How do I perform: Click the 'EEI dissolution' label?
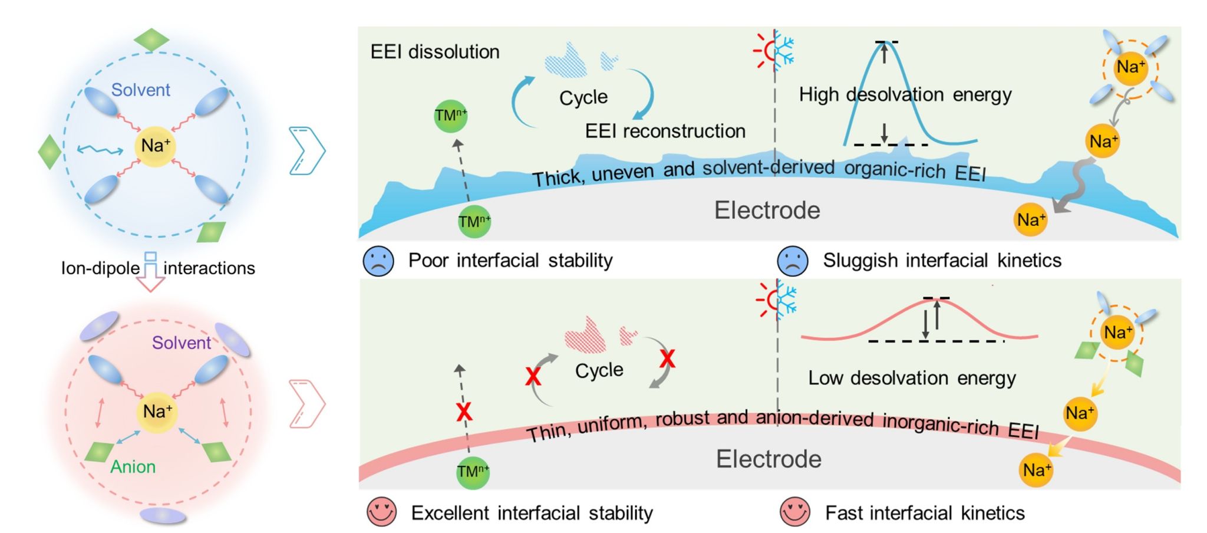434,52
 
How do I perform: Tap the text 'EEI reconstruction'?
665,131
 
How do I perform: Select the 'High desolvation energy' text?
905,94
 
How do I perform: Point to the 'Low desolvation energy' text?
912,378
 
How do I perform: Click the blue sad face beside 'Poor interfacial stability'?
378,261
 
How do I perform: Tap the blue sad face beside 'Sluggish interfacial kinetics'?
793,261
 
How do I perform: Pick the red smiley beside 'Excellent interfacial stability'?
381,512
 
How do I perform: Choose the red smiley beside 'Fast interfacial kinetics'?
795,512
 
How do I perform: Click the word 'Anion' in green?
133,467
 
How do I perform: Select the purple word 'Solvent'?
182,343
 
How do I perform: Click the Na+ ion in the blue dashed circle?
156,146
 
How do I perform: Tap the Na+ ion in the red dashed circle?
157,412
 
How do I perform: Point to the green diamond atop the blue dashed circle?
151,40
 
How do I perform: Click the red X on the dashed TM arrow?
464,412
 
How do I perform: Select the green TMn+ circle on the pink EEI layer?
473,472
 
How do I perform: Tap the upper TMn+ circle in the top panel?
451,115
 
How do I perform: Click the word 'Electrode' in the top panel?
767,210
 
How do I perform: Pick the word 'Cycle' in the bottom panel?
599,370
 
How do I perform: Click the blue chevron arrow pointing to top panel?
307,150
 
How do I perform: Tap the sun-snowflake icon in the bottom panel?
777,300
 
